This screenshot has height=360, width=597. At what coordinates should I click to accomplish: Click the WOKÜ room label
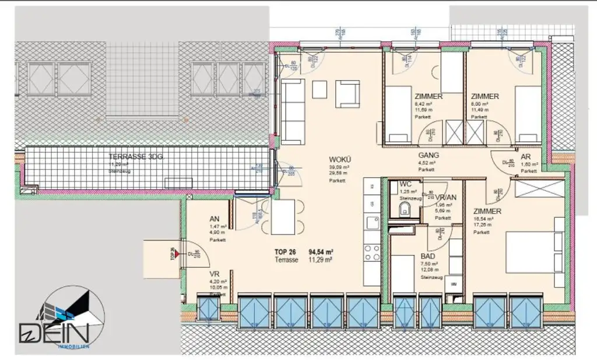pyautogui.click(x=339, y=159)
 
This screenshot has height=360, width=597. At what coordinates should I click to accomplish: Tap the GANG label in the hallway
pyautogui.click(x=429, y=155)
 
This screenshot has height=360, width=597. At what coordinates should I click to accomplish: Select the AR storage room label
pyautogui.click(x=525, y=157)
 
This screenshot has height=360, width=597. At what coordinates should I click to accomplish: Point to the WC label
pyautogui.click(x=405, y=184)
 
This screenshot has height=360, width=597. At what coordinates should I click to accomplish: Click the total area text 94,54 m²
pyautogui.click(x=325, y=252)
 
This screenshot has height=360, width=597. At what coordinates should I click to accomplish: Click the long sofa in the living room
pyautogui.click(x=292, y=111)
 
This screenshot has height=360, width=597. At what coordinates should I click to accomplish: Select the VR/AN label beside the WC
pyautogui.click(x=445, y=197)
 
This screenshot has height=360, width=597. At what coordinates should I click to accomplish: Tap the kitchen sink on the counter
pyautogui.click(x=371, y=221)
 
